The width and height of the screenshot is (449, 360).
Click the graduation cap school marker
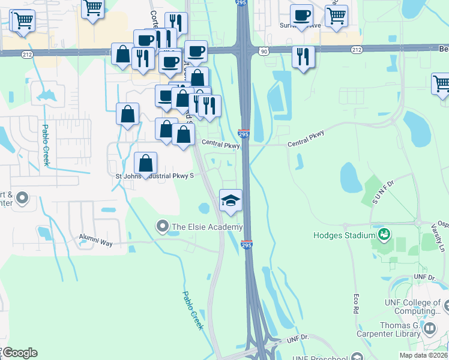point(231,201)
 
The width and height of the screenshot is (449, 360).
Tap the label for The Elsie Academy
point(207,227)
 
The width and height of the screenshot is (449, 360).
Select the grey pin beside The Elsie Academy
point(162,227)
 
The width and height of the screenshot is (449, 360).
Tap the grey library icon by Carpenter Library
point(429,328)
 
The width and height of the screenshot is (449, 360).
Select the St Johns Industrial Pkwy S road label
point(155,176)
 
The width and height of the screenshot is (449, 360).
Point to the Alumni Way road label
point(96,238)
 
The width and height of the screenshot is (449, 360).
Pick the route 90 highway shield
point(264,52)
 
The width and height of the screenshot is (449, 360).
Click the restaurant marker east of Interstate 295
point(303,57)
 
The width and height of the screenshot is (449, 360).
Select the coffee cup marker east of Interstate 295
point(301,16)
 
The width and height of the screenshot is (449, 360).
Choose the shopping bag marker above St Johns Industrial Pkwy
point(145,163)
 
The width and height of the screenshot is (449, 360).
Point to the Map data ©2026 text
point(423,355)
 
